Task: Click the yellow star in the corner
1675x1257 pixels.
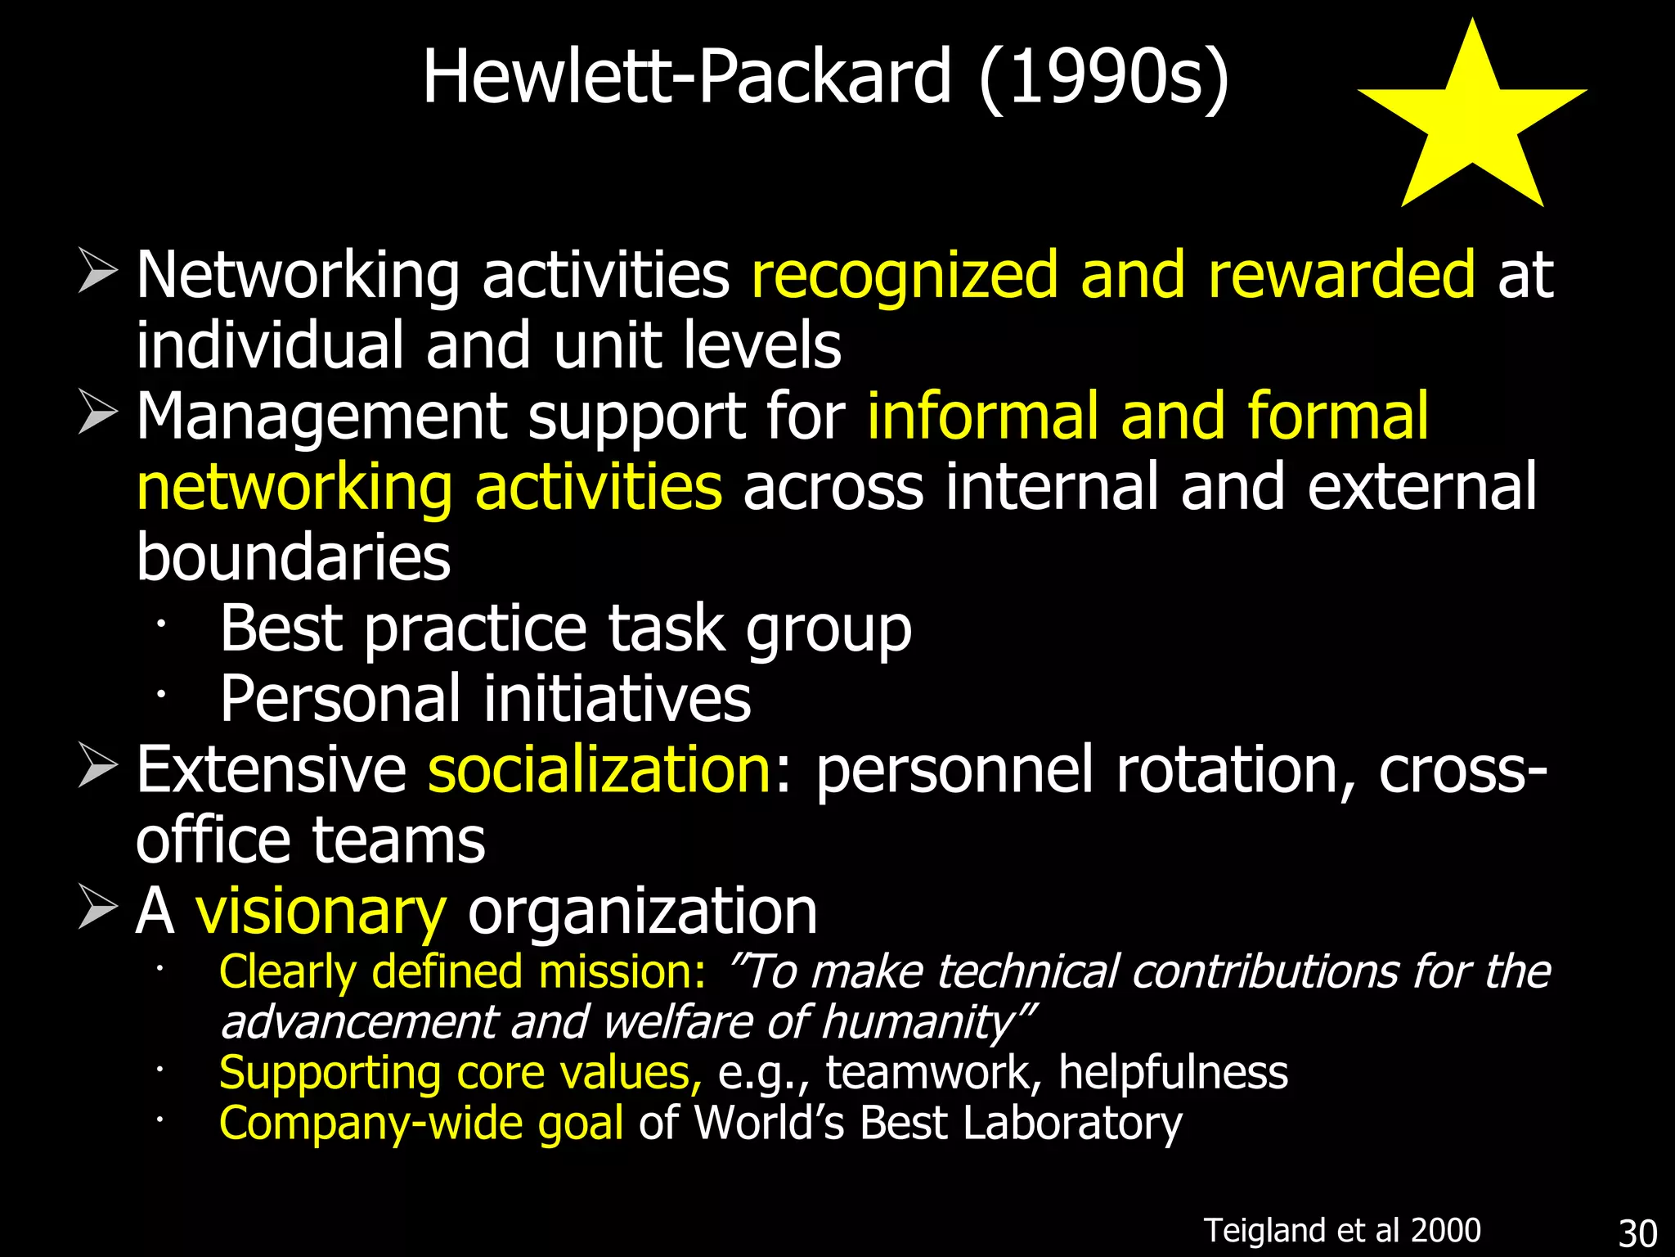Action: click(x=1472, y=123)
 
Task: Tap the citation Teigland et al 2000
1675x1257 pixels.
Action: click(x=1342, y=1230)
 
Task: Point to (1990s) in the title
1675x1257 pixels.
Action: click(x=1103, y=78)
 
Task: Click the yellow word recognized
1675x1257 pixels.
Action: click(x=905, y=275)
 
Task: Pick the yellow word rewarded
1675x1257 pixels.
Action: click(x=1341, y=275)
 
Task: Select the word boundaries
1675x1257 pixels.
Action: click(x=293, y=557)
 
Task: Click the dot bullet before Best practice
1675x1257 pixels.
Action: click(x=161, y=624)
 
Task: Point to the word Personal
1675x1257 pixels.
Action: click(x=340, y=699)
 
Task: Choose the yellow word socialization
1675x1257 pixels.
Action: click(x=599, y=770)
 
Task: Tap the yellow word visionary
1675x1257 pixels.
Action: click(x=321, y=912)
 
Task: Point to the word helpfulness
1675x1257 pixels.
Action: click(x=1173, y=1073)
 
